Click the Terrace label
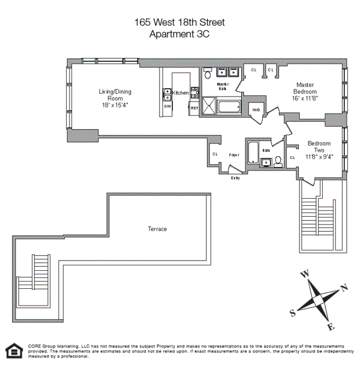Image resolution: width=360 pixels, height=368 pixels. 157,229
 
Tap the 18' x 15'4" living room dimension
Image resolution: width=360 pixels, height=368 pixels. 115,105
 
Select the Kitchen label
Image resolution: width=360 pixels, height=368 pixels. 181,93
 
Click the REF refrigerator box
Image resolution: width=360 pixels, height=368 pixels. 194,107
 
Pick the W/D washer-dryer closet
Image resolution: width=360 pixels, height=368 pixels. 255,110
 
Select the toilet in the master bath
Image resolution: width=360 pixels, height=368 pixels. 207,75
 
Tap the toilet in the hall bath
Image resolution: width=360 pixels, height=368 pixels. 278,161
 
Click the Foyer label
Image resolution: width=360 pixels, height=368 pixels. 234,155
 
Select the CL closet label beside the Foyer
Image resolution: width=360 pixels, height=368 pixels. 215,154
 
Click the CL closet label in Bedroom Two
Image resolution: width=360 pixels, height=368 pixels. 292,158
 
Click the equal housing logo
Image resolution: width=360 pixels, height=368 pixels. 12,351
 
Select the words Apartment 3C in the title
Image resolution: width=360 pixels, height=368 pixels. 179,34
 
